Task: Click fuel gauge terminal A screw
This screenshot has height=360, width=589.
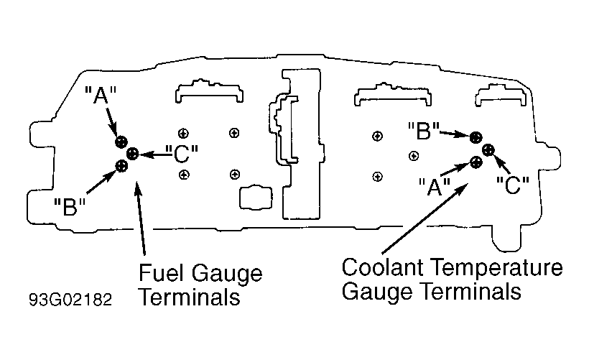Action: [x=121, y=142]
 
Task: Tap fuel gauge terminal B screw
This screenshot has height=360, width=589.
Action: [x=121, y=166]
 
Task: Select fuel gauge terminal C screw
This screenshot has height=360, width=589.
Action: [x=132, y=153]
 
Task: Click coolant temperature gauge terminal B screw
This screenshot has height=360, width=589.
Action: [x=476, y=137]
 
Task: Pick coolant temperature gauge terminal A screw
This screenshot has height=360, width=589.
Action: [x=476, y=162]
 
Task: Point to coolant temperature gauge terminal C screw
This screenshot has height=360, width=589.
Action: [x=488, y=150]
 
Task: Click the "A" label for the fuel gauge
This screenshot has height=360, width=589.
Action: [x=101, y=95]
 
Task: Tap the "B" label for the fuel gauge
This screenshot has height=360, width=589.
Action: [x=70, y=206]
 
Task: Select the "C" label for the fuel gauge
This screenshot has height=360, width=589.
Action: [x=182, y=154]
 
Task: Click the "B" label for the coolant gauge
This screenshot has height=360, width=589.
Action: [x=423, y=131]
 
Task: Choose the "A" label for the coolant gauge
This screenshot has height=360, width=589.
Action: [x=435, y=187]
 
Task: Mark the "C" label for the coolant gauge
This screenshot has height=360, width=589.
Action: [x=512, y=185]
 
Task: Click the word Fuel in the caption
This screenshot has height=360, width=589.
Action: [x=161, y=272]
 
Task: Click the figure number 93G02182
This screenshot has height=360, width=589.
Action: [x=70, y=300]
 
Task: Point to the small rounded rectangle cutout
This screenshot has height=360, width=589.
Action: [x=256, y=197]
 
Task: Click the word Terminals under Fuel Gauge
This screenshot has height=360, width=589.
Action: [x=190, y=297]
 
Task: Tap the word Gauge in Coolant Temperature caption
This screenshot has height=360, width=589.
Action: [x=377, y=292]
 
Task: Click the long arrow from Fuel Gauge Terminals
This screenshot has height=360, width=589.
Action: [x=140, y=218]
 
